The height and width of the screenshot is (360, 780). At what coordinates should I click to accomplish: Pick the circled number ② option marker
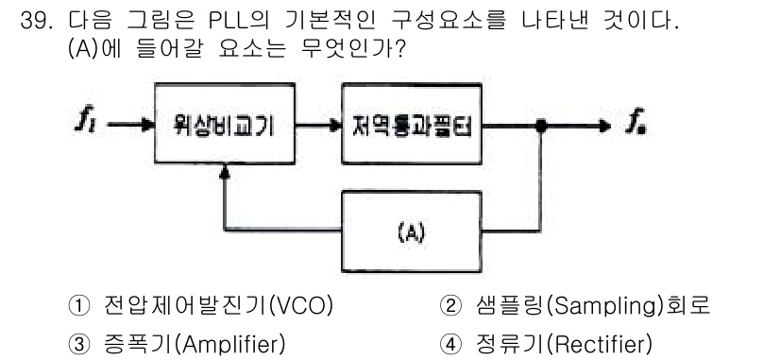click(450, 306)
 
